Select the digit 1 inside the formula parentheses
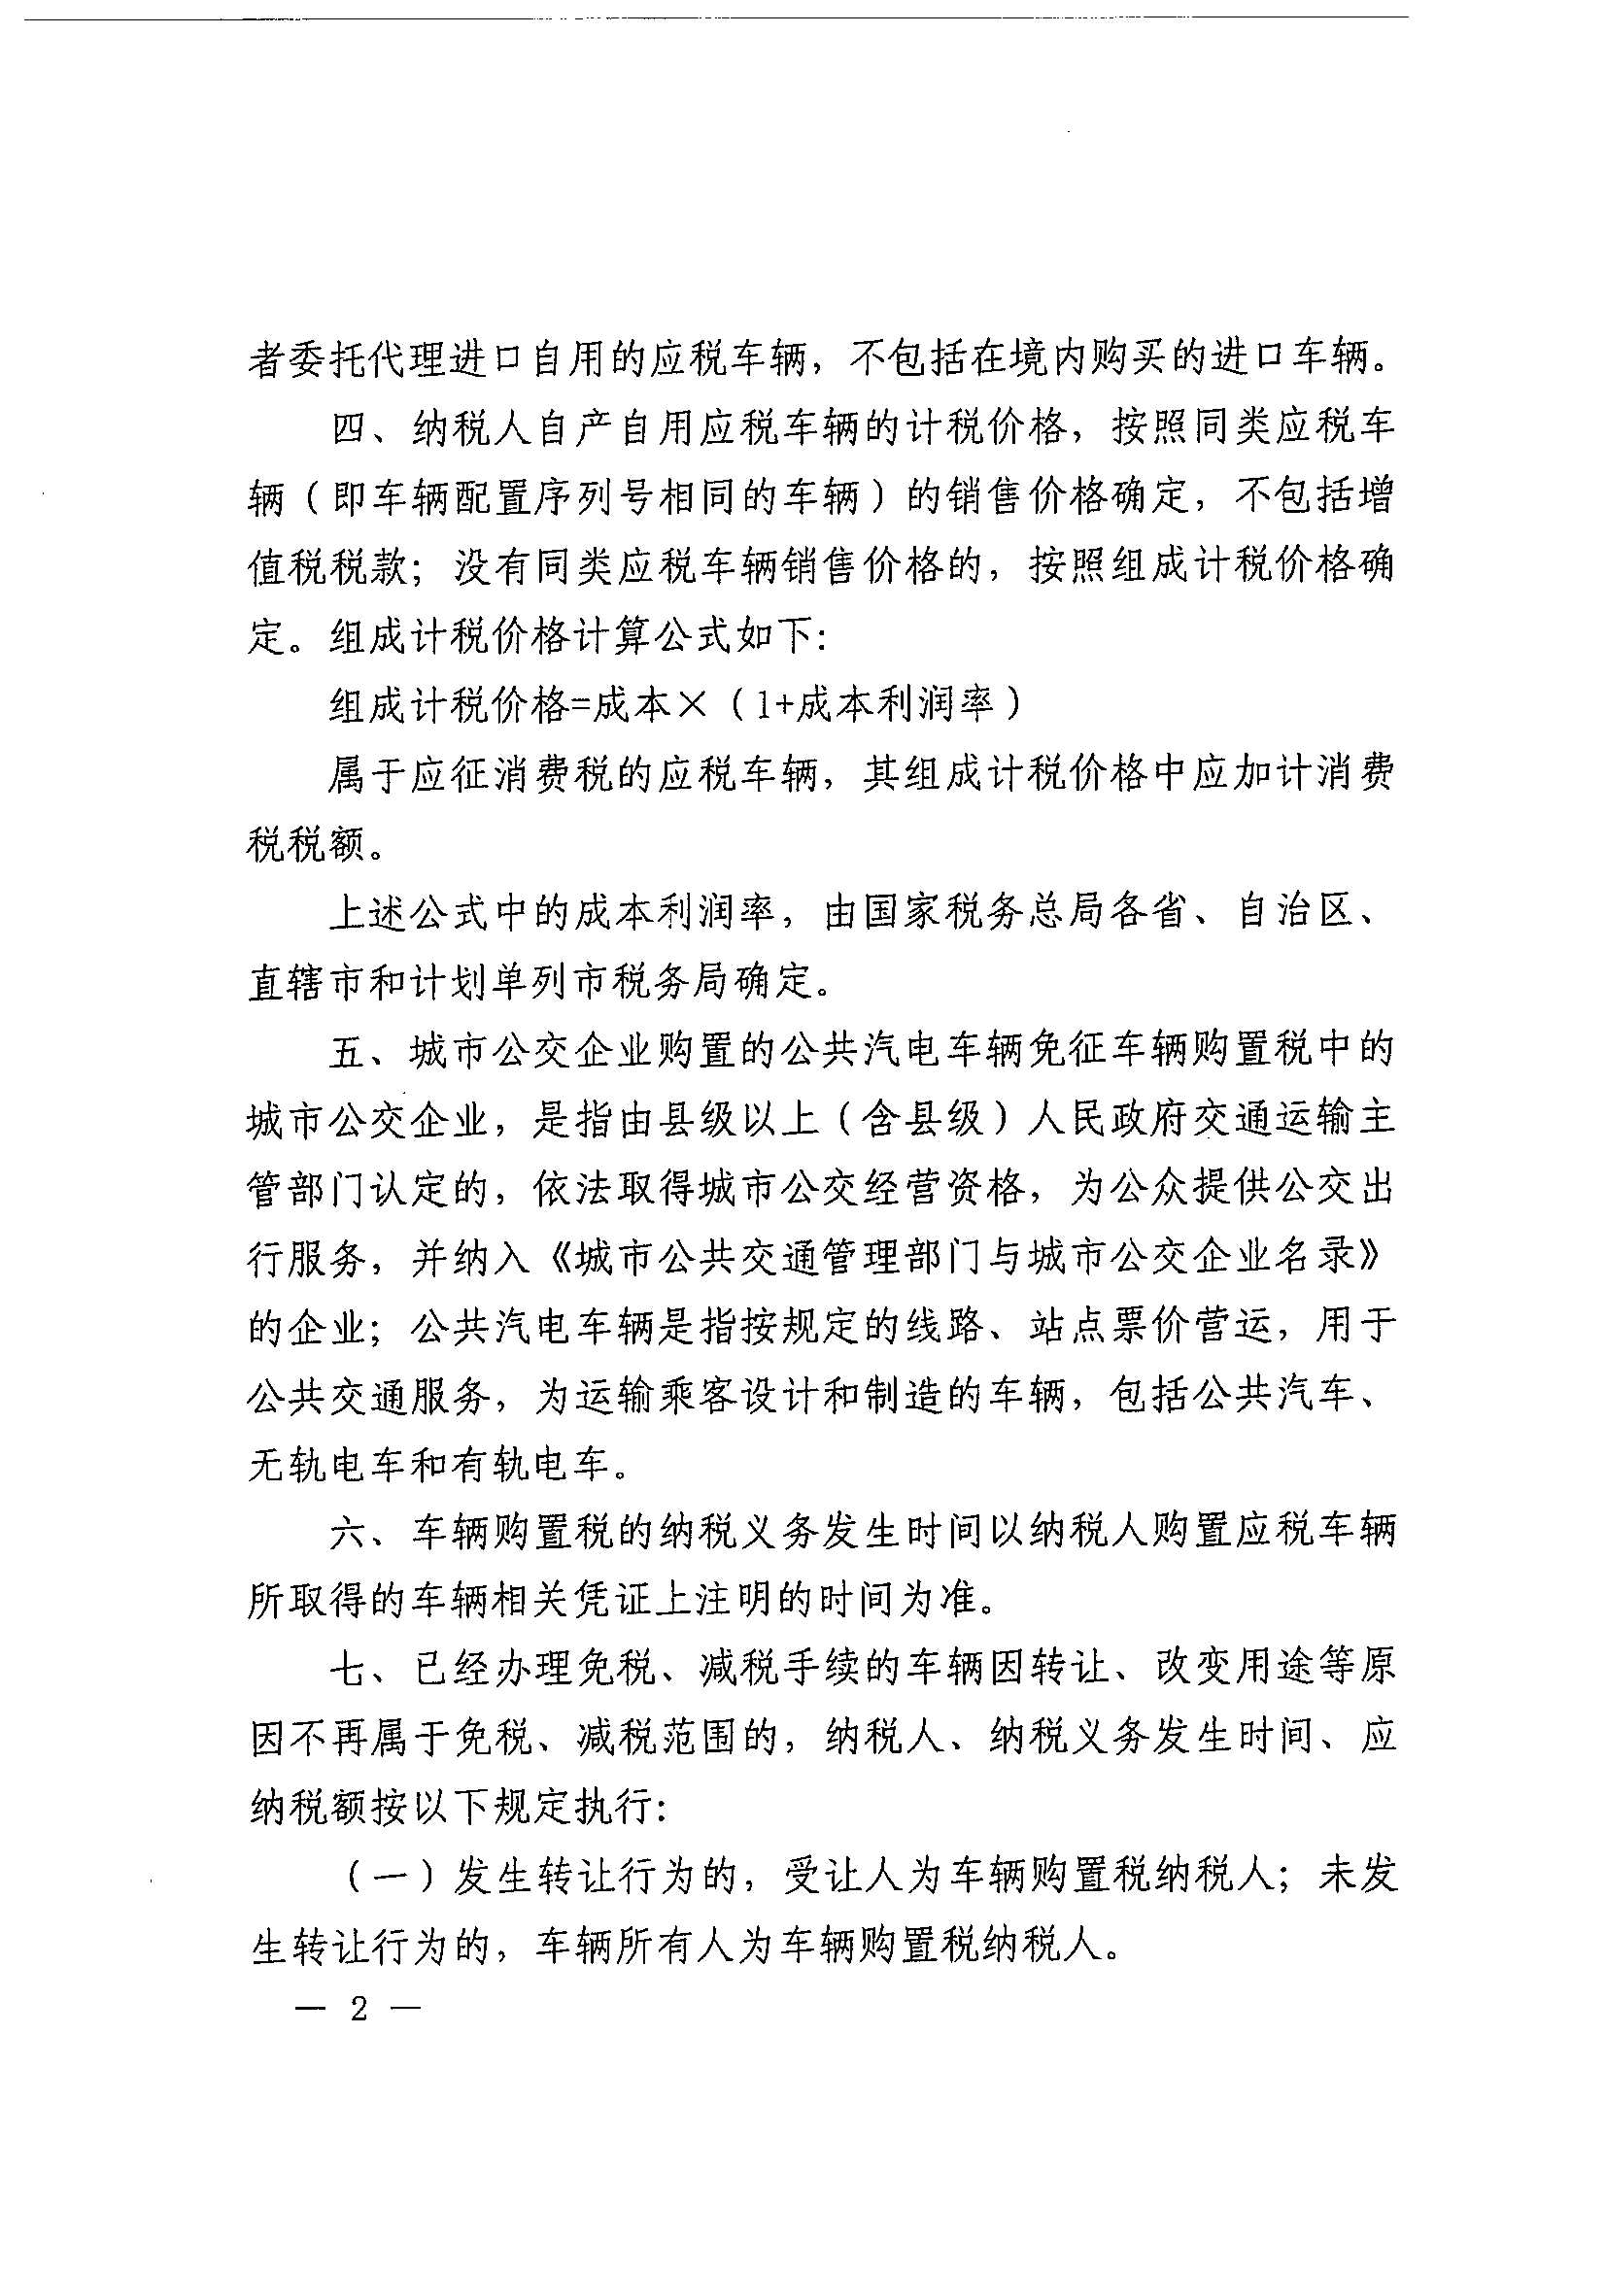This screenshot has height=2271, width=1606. point(760,704)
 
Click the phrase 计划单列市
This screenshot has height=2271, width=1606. point(510,981)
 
